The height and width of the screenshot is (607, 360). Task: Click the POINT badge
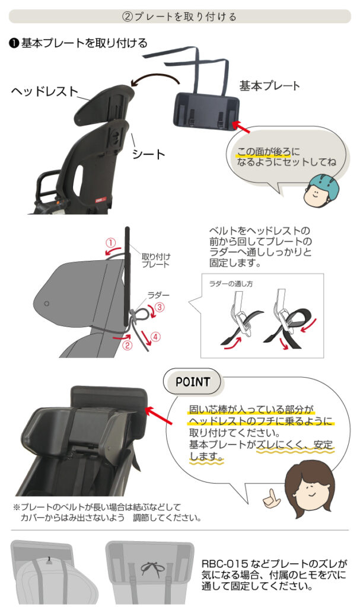(x=193, y=382)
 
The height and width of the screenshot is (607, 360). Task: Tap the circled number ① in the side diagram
(x=111, y=243)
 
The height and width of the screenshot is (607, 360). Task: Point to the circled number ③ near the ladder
(x=160, y=307)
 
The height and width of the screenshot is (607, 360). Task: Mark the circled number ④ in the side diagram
(x=155, y=337)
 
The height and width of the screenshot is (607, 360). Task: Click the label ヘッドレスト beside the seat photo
(x=44, y=91)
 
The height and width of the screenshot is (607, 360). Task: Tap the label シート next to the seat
(x=148, y=154)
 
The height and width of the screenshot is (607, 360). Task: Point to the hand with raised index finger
(x=271, y=497)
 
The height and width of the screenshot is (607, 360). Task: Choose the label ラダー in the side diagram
(x=158, y=295)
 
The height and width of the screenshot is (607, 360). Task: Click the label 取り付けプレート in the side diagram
(x=155, y=261)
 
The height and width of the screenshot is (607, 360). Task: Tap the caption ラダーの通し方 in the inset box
(x=231, y=284)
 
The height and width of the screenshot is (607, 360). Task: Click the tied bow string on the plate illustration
(x=152, y=568)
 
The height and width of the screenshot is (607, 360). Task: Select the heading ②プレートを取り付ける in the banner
(x=179, y=17)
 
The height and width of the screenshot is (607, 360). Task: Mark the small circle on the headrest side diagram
(x=46, y=304)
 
